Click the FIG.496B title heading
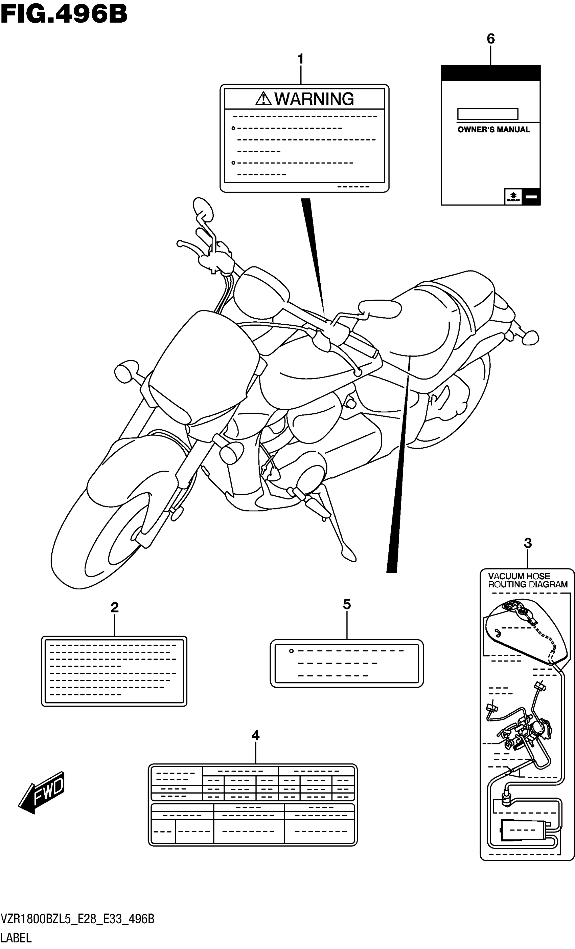click(x=64, y=14)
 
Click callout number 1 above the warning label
click(x=301, y=59)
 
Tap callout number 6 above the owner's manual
click(x=490, y=39)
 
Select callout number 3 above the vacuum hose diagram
click(x=528, y=543)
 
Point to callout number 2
click(x=114, y=607)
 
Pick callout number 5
click(x=347, y=604)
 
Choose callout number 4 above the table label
click(x=256, y=736)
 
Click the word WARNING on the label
click(x=314, y=99)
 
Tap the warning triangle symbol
click(x=263, y=99)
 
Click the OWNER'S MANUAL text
click(x=493, y=130)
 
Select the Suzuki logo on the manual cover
click(x=513, y=197)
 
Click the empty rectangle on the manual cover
click(x=487, y=114)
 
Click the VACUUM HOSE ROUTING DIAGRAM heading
click(x=527, y=580)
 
